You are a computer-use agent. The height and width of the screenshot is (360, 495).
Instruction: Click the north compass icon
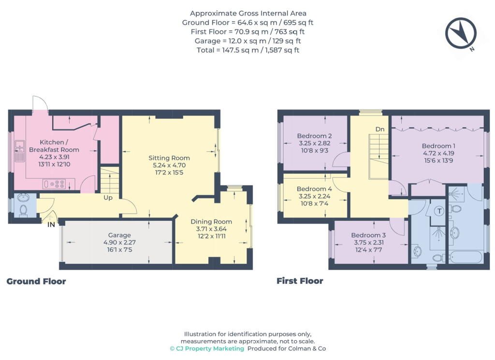[461, 33]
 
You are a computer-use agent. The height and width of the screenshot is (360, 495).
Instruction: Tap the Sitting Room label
[169, 158]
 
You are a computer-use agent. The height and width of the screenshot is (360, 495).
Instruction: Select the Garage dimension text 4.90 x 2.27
[120, 242]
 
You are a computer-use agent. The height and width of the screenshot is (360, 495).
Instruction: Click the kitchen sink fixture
[19, 151]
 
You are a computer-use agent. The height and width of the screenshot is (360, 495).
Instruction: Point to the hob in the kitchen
[54, 184]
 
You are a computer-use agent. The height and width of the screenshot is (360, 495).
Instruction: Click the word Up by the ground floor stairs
[108, 198]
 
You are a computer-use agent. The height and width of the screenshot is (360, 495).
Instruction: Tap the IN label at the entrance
[51, 225]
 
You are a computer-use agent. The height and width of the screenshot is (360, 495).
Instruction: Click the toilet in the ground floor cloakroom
[23, 211]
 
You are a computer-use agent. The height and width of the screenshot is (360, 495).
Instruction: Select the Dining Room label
[211, 221]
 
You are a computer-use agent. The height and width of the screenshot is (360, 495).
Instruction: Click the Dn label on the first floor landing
[380, 129]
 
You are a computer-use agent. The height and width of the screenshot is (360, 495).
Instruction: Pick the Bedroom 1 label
[438, 146]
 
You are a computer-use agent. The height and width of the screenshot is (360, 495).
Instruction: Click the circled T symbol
[439, 211]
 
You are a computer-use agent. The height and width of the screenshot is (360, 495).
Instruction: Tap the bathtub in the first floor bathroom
[466, 257]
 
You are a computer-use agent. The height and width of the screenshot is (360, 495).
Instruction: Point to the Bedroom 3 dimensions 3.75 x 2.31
[369, 243]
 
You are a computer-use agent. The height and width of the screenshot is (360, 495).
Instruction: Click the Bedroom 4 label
[314, 188]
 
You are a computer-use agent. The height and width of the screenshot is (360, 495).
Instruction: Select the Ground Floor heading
[36, 281]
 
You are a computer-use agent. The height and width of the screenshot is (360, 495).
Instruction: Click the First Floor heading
[300, 281]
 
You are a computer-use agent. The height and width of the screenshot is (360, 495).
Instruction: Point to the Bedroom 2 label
[314, 136]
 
